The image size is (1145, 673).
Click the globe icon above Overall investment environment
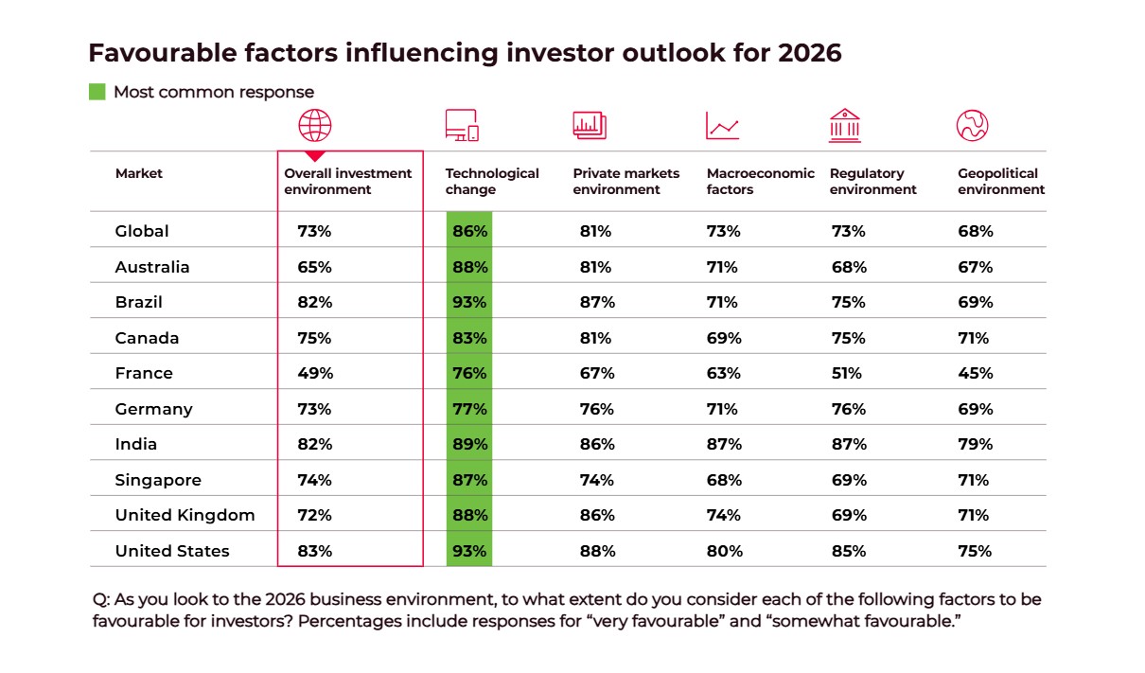coord(315,125)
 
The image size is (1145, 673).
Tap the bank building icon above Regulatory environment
coord(844,125)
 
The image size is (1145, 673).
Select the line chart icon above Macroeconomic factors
coord(722,126)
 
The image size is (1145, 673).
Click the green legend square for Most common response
coord(97,92)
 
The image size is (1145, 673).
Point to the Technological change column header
coord(492,181)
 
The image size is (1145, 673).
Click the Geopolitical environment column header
coord(1001,181)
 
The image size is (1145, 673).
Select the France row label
coord(144,373)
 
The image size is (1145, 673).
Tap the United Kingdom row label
coord(185,515)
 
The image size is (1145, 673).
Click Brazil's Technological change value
coord(469,302)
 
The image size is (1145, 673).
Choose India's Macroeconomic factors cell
coord(724,444)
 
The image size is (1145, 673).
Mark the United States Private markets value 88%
coord(597,551)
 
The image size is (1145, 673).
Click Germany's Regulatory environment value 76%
coord(848,409)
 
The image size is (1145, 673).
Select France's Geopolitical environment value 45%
coord(975,373)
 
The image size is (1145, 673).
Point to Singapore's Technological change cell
coord(469,480)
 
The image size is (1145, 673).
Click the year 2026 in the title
coord(809,53)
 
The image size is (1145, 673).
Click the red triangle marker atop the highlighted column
coord(315,155)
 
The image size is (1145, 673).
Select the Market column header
coord(139,173)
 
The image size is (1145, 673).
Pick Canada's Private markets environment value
coord(597,338)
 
